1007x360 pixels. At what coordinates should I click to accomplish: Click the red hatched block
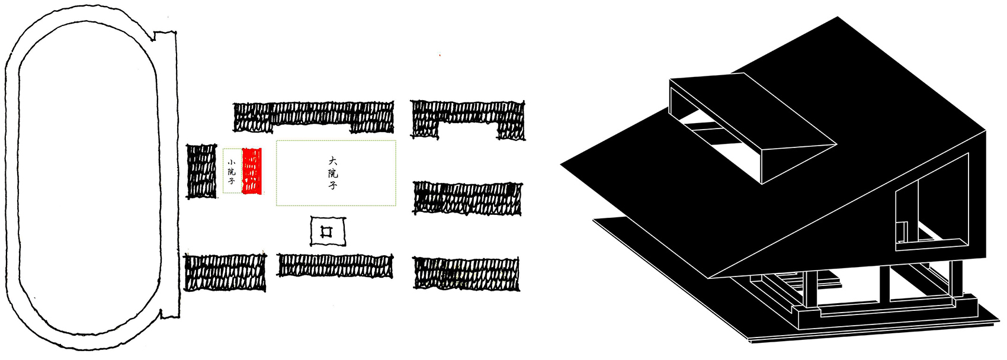point(252,171)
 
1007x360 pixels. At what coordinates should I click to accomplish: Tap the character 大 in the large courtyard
point(333,161)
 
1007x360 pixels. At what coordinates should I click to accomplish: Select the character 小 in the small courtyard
point(232,162)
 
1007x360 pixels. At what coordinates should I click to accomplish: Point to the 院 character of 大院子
point(333,173)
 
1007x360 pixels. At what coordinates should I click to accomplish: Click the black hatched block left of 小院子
point(201,171)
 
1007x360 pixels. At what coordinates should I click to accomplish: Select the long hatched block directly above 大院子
point(313,117)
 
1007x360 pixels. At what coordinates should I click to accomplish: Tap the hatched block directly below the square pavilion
point(335,266)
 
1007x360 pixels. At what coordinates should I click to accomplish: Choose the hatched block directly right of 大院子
point(467,198)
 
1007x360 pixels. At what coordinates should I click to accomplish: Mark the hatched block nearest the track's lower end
point(225,273)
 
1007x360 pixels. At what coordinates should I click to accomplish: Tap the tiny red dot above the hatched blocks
point(440,55)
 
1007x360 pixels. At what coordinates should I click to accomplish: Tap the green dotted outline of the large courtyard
point(336,141)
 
